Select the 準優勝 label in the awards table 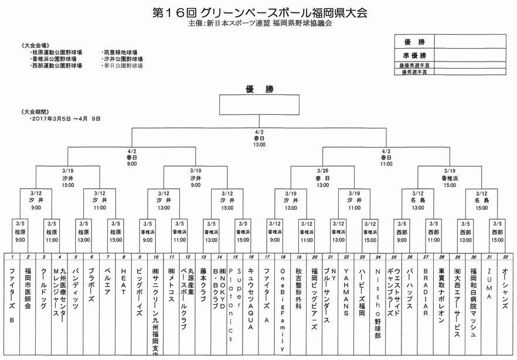[414, 55]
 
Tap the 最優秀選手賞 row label [414, 66]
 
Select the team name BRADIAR [426, 287]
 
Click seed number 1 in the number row [12, 257]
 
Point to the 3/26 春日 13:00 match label [322, 178]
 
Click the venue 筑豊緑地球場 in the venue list [122, 52]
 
